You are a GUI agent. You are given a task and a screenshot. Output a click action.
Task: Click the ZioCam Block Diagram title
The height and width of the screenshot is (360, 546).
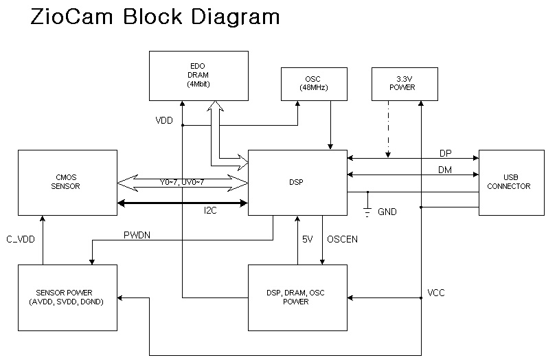156,17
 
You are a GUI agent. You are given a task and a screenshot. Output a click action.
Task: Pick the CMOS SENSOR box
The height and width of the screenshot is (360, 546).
66,183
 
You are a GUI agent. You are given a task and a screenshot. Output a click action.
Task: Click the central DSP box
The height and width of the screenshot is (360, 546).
297,183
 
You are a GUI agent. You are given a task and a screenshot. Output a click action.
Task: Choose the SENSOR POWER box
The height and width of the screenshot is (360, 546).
67,297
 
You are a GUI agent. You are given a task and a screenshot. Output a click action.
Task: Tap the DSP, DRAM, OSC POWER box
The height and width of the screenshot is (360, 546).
296,297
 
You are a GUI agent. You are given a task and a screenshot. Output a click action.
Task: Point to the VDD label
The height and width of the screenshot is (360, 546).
164,120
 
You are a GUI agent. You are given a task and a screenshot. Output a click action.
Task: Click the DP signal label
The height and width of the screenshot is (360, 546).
445,153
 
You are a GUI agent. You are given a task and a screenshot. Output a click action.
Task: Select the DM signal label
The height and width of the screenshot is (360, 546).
445,169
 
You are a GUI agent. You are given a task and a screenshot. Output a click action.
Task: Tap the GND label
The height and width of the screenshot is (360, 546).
387,212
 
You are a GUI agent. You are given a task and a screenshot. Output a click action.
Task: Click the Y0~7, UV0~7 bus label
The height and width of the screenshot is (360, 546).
181,182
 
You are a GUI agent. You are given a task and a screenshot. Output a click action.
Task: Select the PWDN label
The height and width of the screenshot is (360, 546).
137,234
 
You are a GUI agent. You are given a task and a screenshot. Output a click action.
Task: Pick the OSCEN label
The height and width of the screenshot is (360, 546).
341,240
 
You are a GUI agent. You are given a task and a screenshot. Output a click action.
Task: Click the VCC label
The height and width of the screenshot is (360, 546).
436,293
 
